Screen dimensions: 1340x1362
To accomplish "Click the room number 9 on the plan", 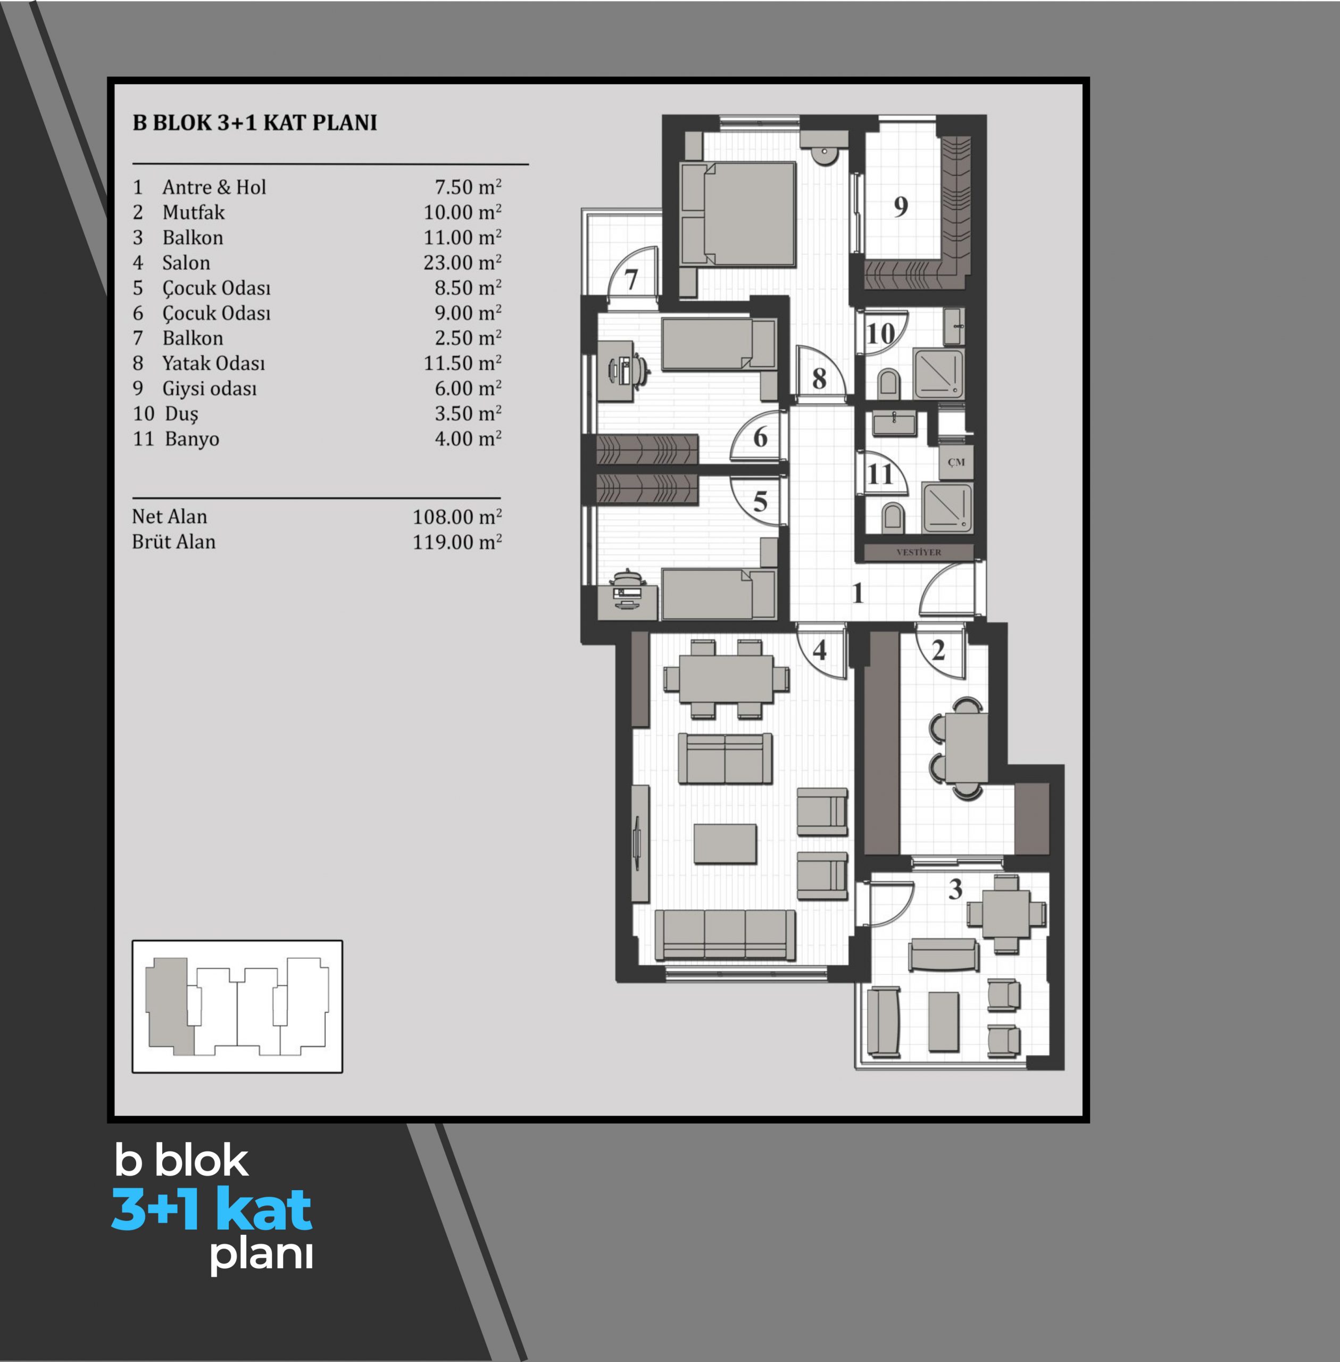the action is [900, 206].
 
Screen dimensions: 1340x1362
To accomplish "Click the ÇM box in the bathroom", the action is [956, 462].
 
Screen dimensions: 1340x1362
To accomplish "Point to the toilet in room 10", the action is [889, 383].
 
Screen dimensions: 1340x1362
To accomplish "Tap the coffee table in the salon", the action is [725, 843].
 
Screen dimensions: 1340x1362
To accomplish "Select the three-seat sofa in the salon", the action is [725, 935].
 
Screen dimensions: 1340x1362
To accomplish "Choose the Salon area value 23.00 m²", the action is [462, 262].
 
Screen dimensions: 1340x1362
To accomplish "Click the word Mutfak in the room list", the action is [194, 212].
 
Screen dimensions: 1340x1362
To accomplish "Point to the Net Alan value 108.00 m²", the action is [457, 517].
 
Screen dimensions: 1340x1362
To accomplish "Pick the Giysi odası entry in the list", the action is [210, 388].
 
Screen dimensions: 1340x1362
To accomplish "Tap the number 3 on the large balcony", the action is [955, 889].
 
